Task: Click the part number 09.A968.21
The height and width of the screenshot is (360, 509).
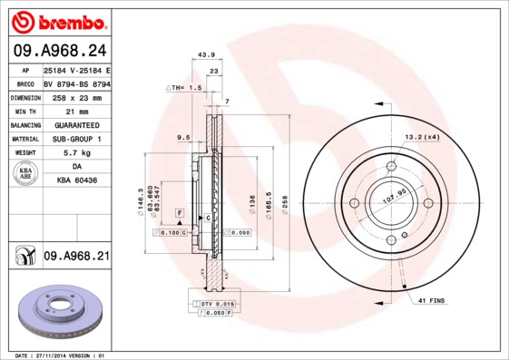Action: point(76,258)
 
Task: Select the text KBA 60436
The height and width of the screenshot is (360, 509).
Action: point(76,182)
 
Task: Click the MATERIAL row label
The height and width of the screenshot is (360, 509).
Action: point(24,139)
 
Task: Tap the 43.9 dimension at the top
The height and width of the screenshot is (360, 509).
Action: point(205,55)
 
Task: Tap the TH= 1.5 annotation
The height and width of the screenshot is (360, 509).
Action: point(183,87)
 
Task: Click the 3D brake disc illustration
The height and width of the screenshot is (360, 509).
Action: point(61,313)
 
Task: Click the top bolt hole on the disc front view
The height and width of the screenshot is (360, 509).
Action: point(391,166)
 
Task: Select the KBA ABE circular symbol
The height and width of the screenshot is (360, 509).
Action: point(25,174)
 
